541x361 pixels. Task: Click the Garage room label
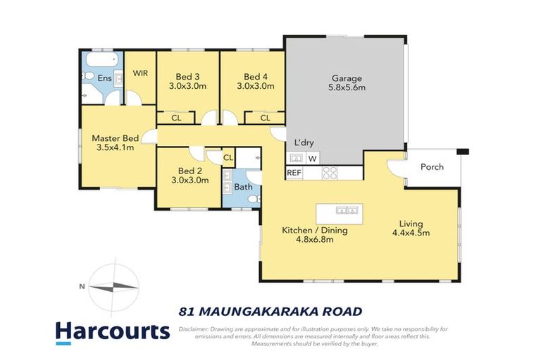[345, 78]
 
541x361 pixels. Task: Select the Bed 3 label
[187, 77]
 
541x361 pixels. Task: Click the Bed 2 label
[190, 171]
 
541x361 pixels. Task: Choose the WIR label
[139, 73]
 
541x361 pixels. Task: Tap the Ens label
[104, 78]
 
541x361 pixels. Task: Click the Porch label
[432, 167]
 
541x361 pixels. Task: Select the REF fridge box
[294, 172]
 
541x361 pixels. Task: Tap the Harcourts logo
[112, 331]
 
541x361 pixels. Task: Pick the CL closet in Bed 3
[176, 118]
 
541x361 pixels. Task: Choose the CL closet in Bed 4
[265, 118]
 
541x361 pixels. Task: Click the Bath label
[243, 187]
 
